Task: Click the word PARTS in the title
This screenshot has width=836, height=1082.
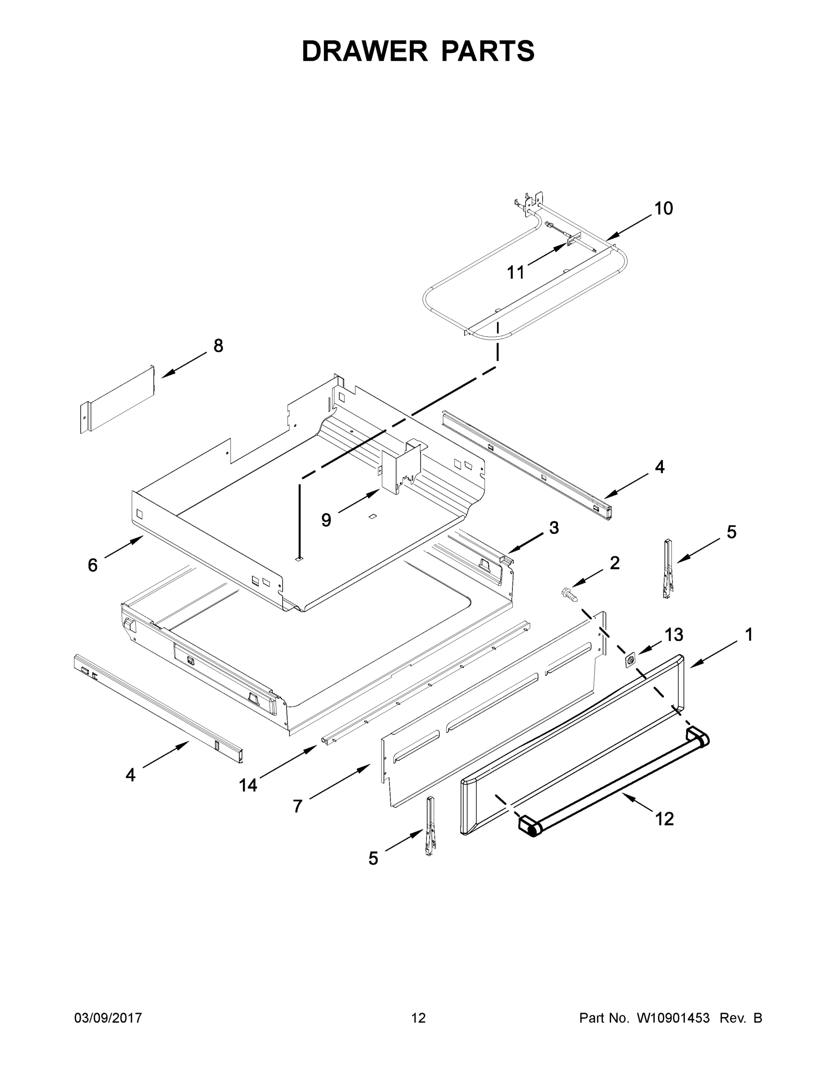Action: click(x=487, y=51)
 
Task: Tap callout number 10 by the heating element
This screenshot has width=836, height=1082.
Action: click(x=664, y=209)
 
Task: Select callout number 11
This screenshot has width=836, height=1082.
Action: click(x=516, y=272)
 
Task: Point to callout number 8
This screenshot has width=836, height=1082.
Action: click(x=218, y=346)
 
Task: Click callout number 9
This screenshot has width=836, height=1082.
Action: click(x=326, y=520)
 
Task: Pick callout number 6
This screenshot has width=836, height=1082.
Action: click(x=93, y=565)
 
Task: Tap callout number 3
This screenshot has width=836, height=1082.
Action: click(x=554, y=527)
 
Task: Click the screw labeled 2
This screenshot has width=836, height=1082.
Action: click(x=570, y=593)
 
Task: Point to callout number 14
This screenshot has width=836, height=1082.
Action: click(x=248, y=785)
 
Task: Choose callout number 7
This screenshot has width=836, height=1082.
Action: click(x=297, y=807)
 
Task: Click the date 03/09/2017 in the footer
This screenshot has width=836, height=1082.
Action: click(x=108, y=1018)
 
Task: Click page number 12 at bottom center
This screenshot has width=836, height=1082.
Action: click(x=419, y=1018)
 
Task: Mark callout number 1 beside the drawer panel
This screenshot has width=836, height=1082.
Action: click(x=749, y=635)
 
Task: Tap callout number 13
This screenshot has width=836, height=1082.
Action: click(x=674, y=635)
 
